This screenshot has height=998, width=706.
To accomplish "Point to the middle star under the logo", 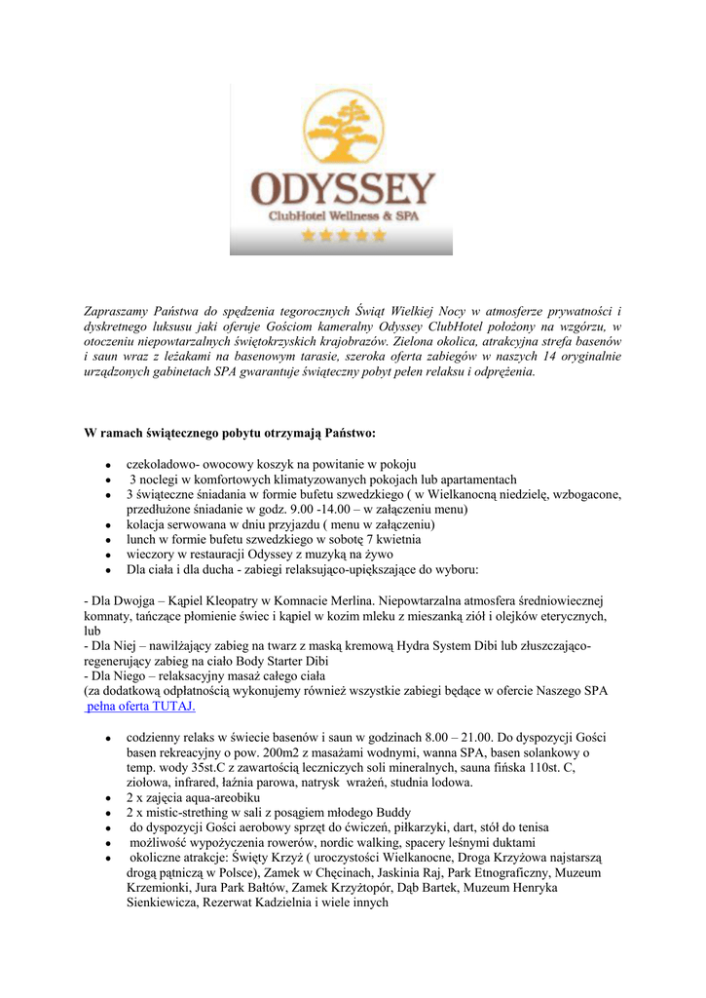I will click(343, 236).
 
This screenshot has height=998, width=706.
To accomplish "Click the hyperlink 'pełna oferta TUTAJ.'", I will click(140, 706).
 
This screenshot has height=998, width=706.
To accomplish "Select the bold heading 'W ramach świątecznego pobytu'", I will click(230, 432).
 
